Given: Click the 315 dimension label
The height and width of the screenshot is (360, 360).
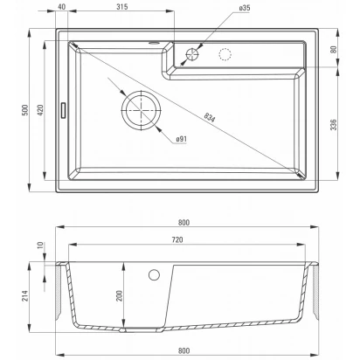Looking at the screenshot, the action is pyautogui.click(x=122, y=6).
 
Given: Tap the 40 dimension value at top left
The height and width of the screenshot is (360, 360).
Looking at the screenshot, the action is pyautogui.click(x=62, y=6).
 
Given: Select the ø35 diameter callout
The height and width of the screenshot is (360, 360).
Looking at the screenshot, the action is pyautogui.click(x=245, y=8).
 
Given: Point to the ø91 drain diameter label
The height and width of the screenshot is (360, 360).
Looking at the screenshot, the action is pyautogui.click(x=181, y=139).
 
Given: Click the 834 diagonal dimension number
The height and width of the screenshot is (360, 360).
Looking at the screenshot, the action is pyautogui.click(x=209, y=117).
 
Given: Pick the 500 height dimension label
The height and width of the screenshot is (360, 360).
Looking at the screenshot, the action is pyautogui.click(x=25, y=110).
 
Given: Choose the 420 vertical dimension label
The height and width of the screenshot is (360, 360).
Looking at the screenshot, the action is pyautogui.click(x=40, y=110).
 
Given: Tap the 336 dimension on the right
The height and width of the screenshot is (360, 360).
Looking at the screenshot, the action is pyautogui.click(x=334, y=124).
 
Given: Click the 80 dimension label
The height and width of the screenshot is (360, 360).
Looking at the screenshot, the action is pyautogui.click(x=334, y=49).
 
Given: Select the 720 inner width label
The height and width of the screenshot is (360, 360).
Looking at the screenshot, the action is pyautogui.click(x=177, y=239).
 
